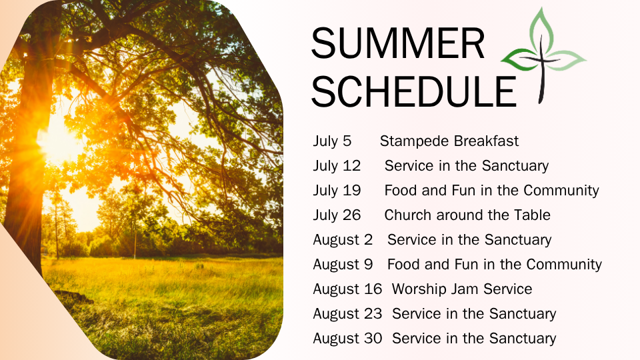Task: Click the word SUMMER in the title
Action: (x=398, y=43)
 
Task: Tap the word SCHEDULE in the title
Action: (x=414, y=91)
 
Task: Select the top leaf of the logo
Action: (x=541, y=30)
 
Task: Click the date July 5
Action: (x=332, y=141)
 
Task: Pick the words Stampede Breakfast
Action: (x=449, y=141)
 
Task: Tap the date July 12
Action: (x=337, y=166)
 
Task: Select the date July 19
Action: (x=337, y=191)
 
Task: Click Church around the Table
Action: (x=467, y=215)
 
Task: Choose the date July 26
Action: (x=337, y=215)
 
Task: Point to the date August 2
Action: (x=343, y=240)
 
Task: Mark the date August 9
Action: (x=343, y=265)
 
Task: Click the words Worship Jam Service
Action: (x=462, y=289)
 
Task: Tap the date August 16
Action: (x=347, y=289)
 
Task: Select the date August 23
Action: (x=347, y=314)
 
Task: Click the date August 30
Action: (x=347, y=339)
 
